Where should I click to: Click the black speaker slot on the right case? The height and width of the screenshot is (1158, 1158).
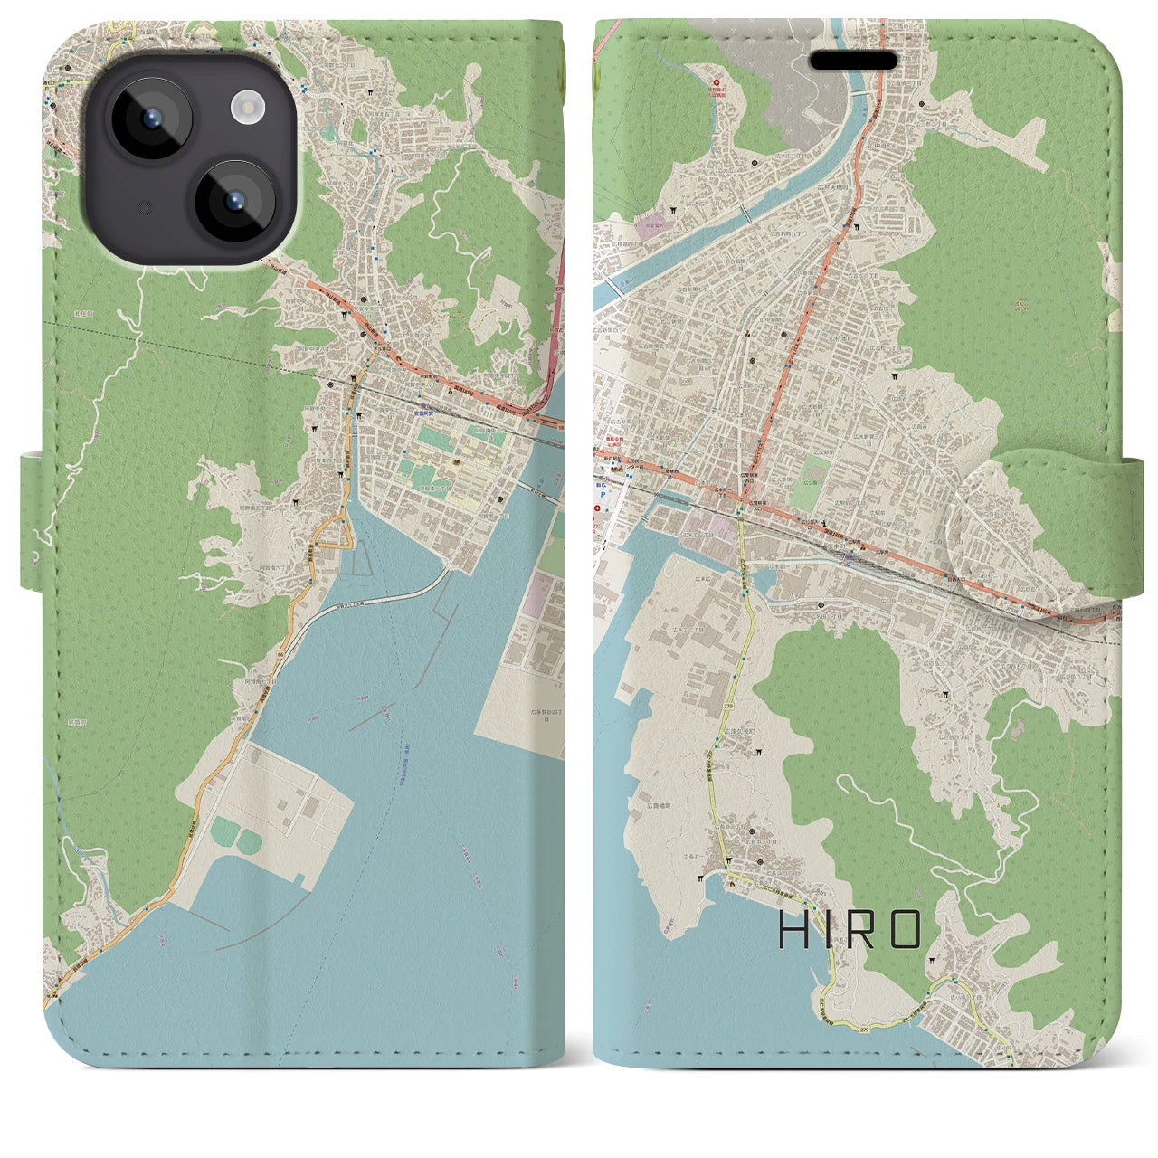pos(853,62)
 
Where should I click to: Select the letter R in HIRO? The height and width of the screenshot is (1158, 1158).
pos(865,930)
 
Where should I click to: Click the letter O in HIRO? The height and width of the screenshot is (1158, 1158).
pos(906,930)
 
